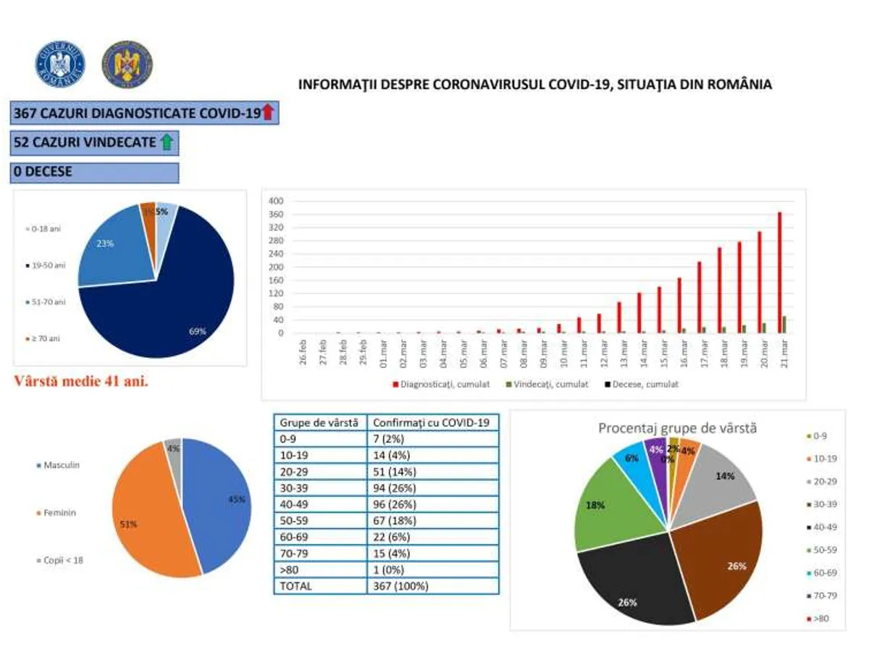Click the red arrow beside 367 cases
(268, 112)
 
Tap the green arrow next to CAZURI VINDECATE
(167, 142)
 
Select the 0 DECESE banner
(95, 172)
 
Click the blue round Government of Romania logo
(60, 64)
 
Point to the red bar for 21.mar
(780, 272)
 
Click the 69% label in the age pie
(197, 331)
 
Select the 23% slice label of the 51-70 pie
(105, 244)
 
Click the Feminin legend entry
(59, 512)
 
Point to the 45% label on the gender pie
(237, 499)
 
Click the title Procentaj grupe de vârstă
(677, 427)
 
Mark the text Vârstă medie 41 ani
(81, 381)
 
